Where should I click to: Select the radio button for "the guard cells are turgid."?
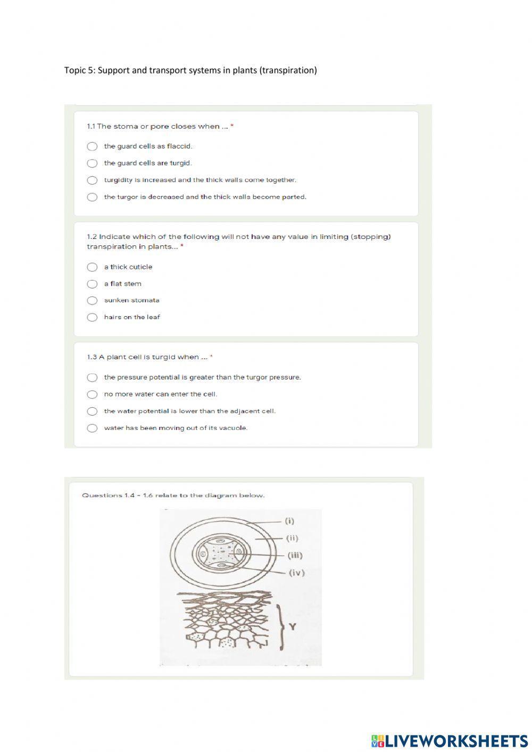pos(92,163)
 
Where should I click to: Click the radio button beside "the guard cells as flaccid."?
pos(92,146)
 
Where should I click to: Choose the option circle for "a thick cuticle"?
pos(92,267)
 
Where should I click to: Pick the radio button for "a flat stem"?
pos(92,284)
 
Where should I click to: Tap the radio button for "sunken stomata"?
pos(92,301)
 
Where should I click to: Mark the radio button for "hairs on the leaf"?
pos(92,318)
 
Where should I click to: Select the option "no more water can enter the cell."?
pos(92,394)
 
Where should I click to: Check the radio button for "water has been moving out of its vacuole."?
pos(92,428)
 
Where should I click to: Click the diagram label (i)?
pos(289,521)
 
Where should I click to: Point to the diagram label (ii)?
pos(292,538)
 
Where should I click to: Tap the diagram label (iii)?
pos(295,556)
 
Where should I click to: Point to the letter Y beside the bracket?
pos(292,626)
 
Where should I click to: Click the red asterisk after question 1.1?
pos(232,127)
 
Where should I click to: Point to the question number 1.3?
pos(93,357)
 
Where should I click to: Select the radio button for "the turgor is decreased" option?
pos(92,197)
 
